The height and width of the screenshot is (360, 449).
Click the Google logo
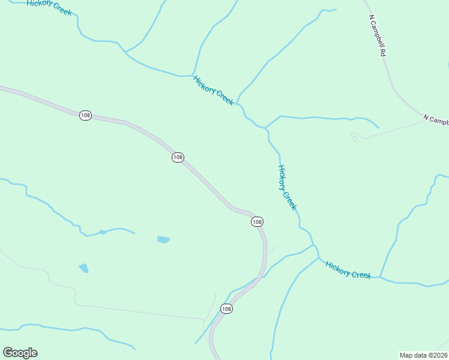pyautogui.click(x=20, y=353)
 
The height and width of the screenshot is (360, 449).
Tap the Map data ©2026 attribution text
pyautogui.click(x=423, y=355)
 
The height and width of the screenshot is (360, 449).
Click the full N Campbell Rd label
pyautogui.click(x=376, y=36)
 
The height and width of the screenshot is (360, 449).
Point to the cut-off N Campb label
pyautogui.click(x=436, y=120)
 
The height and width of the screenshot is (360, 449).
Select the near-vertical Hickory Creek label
pyautogui.click(x=288, y=187)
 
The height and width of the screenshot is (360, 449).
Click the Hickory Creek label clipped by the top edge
pyautogui.click(x=49, y=7)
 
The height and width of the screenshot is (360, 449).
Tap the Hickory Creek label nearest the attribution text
pyautogui.click(x=348, y=269)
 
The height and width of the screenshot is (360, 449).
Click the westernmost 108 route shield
pyautogui.click(x=85, y=115)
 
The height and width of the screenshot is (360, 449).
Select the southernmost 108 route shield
pyautogui.click(x=226, y=308)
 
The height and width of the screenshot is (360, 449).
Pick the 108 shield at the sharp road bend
pyautogui.click(x=257, y=222)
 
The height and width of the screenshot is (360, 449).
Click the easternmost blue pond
pyautogui.click(x=163, y=239)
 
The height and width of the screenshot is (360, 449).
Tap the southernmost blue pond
pyautogui.click(x=83, y=268)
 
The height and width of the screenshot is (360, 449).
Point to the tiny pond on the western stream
pyautogui.click(x=103, y=232)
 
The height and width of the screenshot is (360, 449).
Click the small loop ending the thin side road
pyautogui.click(x=355, y=137)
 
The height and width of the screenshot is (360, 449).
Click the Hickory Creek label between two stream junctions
pyautogui.click(x=213, y=90)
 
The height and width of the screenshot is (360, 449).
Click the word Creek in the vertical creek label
pyautogui.click(x=291, y=200)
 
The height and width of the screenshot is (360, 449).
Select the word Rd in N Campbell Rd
pyautogui.click(x=382, y=52)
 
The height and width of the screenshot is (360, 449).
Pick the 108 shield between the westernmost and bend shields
pyautogui.click(x=178, y=157)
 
